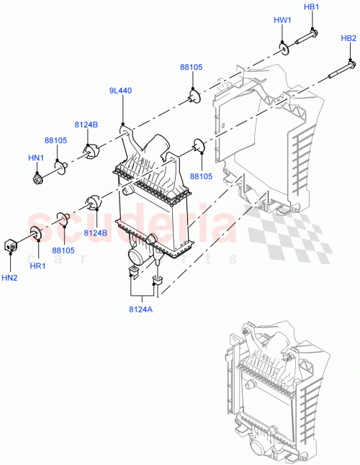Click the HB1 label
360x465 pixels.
(x=311, y=7)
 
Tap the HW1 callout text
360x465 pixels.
(x=282, y=21)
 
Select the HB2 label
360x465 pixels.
(x=348, y=38)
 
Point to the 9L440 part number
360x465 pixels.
(x=120, y=91)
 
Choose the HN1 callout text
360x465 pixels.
(x=36, y=158)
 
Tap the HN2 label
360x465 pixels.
(x=10, y=277)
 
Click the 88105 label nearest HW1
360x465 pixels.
(x=191, y=67)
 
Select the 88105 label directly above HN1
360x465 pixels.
(x=55, y=141)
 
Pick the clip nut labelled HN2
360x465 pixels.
(x=11, y=244)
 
